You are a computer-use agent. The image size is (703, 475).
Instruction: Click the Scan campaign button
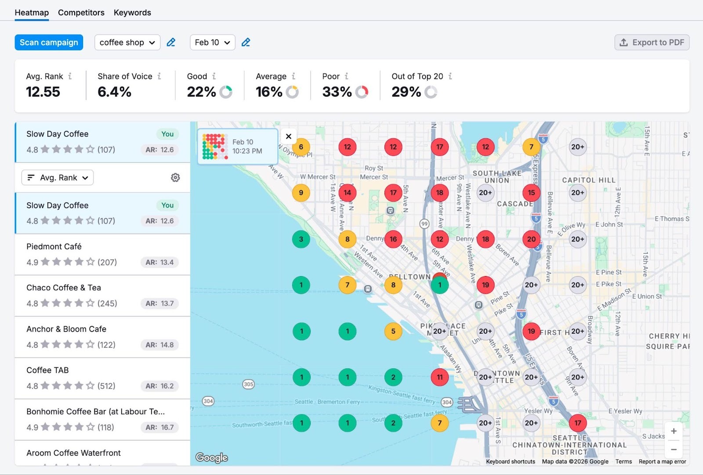(49, 43)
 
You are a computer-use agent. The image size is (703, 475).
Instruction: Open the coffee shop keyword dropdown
(127, 43)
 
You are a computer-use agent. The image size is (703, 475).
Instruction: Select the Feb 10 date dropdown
(212, 43)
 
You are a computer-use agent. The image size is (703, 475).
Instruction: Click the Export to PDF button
(652, 43)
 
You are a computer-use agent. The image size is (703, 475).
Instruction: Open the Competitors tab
(81, 13)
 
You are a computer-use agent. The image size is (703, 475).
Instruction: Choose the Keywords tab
(132, 13)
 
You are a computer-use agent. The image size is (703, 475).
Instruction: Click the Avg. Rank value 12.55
(43, 92)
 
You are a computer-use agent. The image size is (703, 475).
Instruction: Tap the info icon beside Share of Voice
(159, 76)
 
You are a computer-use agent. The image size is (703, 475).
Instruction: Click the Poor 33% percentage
(337, 92)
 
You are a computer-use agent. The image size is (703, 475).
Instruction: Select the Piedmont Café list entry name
(54, 247)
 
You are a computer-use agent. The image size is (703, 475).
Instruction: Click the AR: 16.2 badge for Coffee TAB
(159, 386)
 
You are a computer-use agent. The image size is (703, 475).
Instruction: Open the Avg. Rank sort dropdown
(58, 178)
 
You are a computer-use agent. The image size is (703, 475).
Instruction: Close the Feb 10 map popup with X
(289, 136)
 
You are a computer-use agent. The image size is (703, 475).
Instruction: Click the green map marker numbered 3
(301, 239)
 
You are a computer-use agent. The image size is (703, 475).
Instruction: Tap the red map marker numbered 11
(440, 377)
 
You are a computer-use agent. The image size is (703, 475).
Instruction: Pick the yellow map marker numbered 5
(393, 331)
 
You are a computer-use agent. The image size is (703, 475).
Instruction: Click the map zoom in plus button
(674, 432)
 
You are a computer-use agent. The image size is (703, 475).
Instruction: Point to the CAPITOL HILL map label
(589, 180)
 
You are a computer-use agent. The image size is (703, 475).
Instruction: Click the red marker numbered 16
(393, 239)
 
